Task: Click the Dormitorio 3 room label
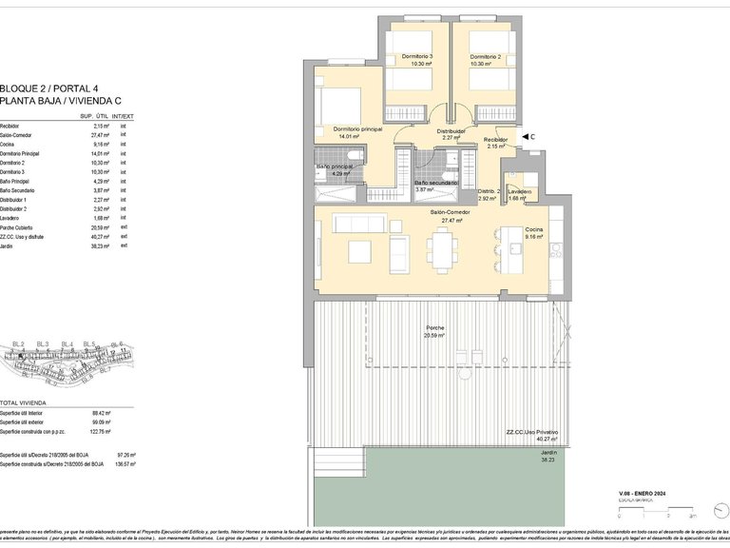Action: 417,57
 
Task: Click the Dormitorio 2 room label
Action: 485,57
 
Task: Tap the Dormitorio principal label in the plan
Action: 357,128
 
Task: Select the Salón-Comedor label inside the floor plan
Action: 446,213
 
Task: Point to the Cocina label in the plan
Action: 534,230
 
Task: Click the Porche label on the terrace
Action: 434,328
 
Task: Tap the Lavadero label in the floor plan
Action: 519,191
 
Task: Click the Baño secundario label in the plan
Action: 435,183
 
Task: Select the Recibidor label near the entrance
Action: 496,140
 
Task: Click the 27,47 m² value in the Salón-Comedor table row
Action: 102,135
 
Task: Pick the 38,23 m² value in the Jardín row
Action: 102,245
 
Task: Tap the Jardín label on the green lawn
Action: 547,454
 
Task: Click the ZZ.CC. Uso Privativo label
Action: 532,432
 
